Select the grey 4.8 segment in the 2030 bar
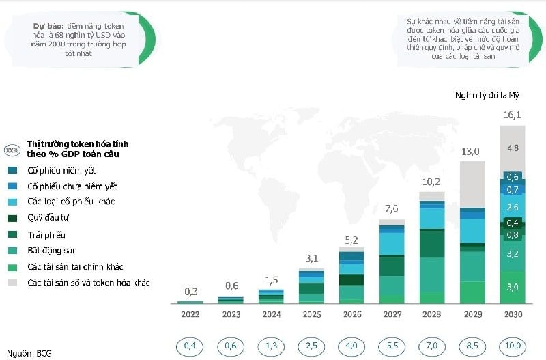pyautogui.click(x=512, y=148)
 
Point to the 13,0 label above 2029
pyautogui.click(x=472, y=151)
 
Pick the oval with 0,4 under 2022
pyautogui.click(x=190, y=346)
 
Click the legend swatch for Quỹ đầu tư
pyautogui.click(x=12, y=219)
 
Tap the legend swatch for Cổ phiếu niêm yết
pyautogui.click(x=12, y=170)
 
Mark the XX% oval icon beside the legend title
pyautogui.click(x=12, y=150)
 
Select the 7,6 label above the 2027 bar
pyautogui.click(x=391, y=209)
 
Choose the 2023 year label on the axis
pyautogui.click(x=231, y=315)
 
